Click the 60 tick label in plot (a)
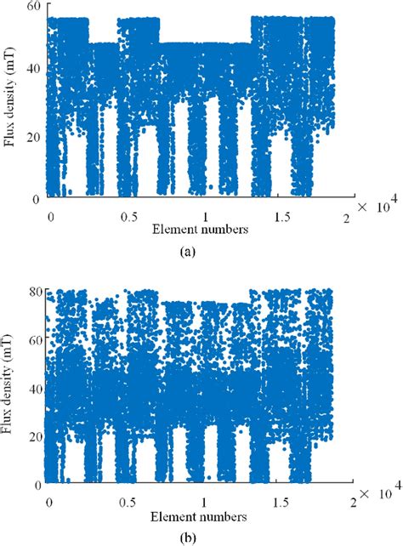tap(34, 7)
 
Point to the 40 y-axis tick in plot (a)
tap(34, 71)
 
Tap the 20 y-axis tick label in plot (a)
tap(34, 134)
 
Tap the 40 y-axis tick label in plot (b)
tap(34, 389)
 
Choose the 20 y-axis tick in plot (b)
tap(34, 436)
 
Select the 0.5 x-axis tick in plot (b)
tap(129, 500)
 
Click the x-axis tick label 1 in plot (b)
tap(205, 500)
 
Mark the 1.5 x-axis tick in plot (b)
tap(280, 500)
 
